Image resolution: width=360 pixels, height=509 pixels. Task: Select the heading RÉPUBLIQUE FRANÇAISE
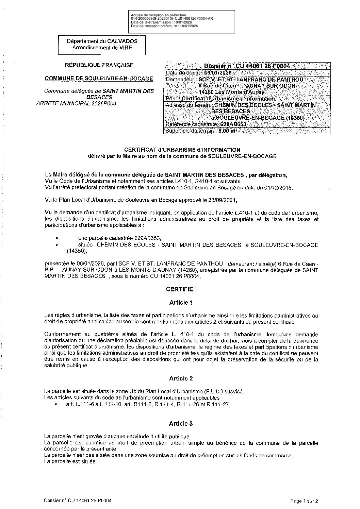[99, 65]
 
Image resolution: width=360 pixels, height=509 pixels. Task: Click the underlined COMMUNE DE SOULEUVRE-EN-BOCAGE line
[99, 79]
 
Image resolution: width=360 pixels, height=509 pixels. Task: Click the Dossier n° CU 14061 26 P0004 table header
[247, 66]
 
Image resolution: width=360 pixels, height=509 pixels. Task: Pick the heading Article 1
[181, 302]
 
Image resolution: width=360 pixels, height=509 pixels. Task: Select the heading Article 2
[181, 378]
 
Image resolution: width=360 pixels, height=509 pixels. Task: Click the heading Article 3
[181, 423]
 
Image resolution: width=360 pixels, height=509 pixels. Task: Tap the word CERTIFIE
[181, 289]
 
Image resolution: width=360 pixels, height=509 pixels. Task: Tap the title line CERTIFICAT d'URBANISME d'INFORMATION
[182, 150]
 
